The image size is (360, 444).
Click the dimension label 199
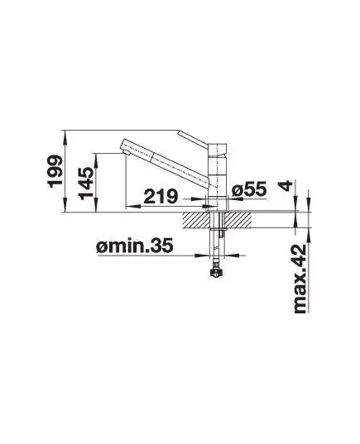(x=55, y=171)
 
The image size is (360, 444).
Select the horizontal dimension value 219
(x=161, y=196)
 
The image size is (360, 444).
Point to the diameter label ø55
(x=249, y=189)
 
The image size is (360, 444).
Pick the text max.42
(x=300, y=279)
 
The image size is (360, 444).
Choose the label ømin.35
(x=134, y=246)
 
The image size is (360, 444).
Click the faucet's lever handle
(x=194, y=139)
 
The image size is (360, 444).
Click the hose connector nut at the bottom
(x=216, y=272)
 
